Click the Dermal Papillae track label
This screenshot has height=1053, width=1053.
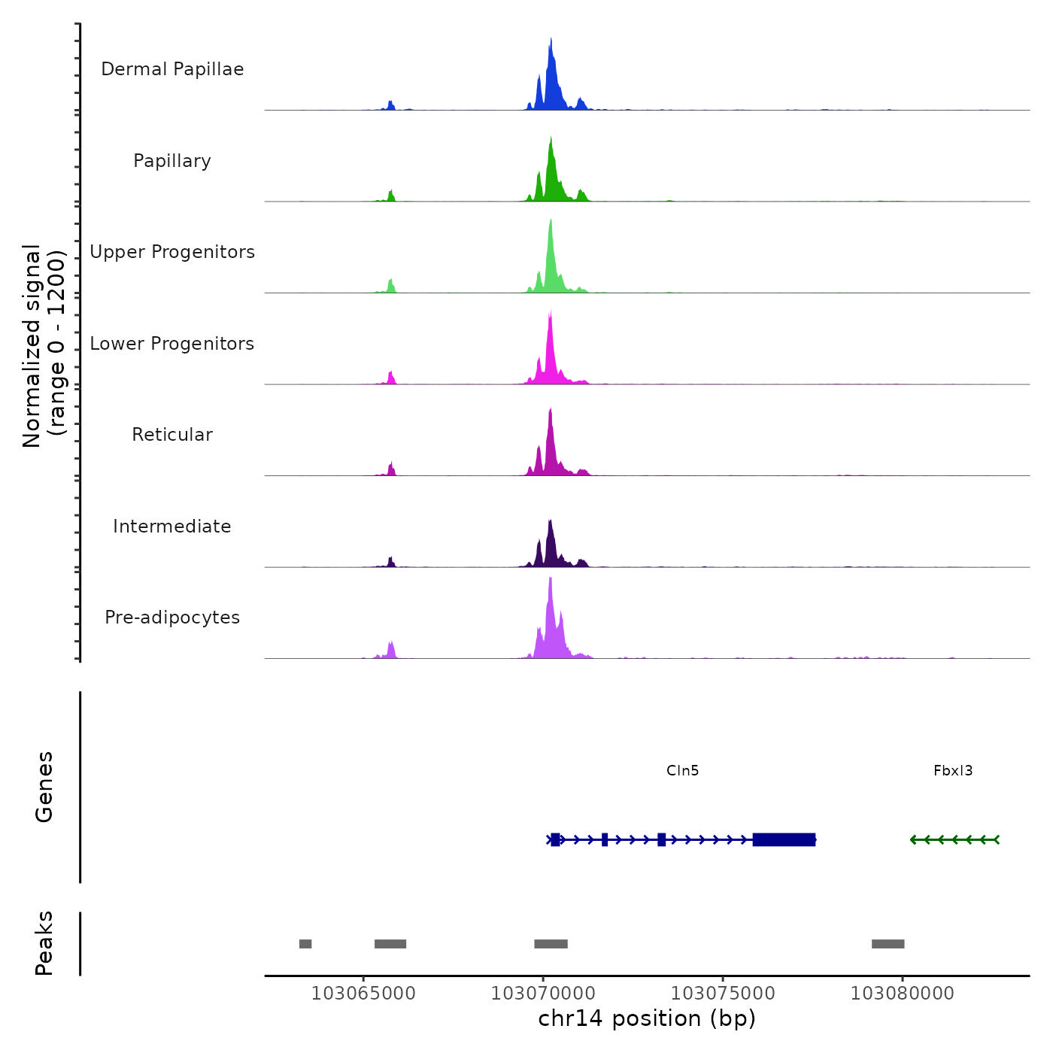click(172, 69)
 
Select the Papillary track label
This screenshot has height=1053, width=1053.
click(172, 161)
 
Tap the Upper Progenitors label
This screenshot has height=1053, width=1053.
click(172, 252)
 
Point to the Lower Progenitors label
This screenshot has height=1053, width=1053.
click(172, 344)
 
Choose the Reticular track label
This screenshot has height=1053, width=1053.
click(172, 435)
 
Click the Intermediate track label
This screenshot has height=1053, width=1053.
click(172, 526)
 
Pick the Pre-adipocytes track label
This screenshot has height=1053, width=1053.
click(172, 618)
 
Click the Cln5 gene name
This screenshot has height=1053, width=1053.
click(682, 770)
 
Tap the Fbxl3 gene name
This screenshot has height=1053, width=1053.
click(953, 770)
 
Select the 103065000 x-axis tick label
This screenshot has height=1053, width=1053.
click(363, 994)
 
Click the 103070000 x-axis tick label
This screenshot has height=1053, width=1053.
click(543, 994)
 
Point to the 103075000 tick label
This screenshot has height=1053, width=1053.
click(723, 994)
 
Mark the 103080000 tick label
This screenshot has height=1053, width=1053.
click(903, 994)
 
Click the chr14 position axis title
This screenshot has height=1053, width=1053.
click(647, 1018)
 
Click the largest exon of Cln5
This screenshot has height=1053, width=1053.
click(784, 839)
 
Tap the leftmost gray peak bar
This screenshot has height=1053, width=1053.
click(305, 944)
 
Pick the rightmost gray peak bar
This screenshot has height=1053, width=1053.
click(888, 944)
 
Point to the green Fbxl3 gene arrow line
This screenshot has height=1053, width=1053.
click(954, 839)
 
